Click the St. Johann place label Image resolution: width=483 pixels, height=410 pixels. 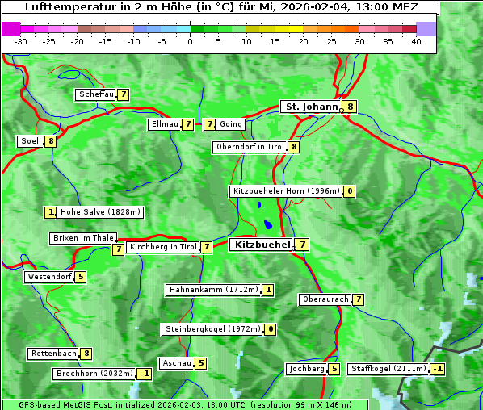point(310,106)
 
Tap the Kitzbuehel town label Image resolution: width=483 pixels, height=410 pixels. point(261,244)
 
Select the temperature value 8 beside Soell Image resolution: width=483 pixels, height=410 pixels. point(51,141)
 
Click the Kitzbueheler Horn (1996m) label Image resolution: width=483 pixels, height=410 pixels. point(285,191)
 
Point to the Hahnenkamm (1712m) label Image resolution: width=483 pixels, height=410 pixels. point(213,289)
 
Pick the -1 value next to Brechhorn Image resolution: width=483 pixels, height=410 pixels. point(144,374)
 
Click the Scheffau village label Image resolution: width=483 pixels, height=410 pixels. point(96,94)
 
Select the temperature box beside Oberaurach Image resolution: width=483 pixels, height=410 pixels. point(358,299)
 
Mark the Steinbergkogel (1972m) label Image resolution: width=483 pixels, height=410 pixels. point(212,329)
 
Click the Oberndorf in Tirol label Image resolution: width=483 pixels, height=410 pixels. point(250,147)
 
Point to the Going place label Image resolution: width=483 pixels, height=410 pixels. point(231,124)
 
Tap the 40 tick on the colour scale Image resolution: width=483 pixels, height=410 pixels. point(417,41)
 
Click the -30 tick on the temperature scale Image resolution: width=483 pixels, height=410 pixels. point(21,41)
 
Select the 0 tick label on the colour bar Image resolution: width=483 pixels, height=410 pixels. point(191,41)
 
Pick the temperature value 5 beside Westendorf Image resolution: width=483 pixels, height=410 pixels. point(81,277)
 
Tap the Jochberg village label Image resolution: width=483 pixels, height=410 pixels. point(306,369)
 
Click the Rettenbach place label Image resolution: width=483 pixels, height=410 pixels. point(54,354)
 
